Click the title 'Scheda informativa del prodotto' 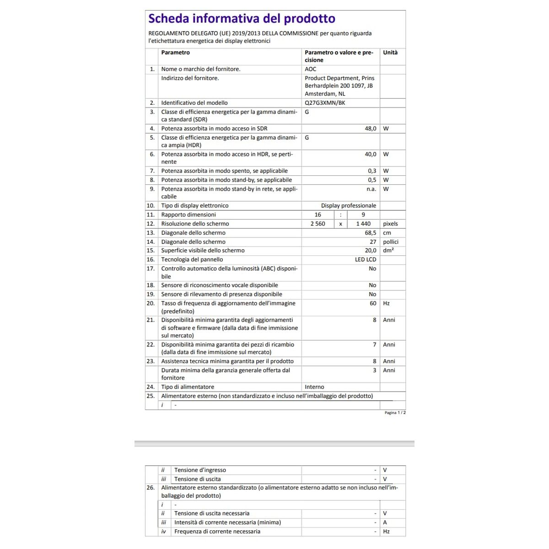[242, 19]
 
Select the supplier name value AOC [311, 69]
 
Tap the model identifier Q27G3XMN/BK [325, 103]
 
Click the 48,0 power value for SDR [370, 129]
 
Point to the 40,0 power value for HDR [370, 154]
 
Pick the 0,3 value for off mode [372, 171]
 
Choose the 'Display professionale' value [348, 205]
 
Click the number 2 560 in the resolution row [318, 224]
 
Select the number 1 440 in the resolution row [363, 224]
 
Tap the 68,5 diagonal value [370, 233]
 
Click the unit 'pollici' [391, 242]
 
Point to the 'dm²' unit [388, 251]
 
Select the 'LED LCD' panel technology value [365, 259]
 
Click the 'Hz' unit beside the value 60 [387, 303]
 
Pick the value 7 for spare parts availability [374, 344]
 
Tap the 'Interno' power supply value [314, 387]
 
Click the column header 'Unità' [390, 53]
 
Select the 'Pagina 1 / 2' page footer [395, 413]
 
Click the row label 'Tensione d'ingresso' [200, 470]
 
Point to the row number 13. [151, 233]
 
